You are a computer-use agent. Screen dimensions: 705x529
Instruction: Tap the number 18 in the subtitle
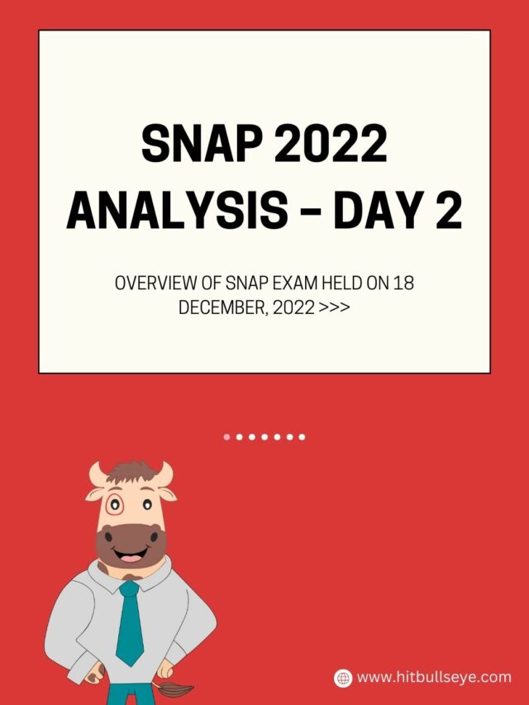(403, 283)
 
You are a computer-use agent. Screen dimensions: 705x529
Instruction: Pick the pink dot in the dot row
(227, 436)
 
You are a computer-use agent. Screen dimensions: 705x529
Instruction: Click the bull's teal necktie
(129, 620)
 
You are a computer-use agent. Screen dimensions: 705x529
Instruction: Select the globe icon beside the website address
(343, 678)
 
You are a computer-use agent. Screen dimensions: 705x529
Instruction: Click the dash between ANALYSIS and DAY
(312, 212)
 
